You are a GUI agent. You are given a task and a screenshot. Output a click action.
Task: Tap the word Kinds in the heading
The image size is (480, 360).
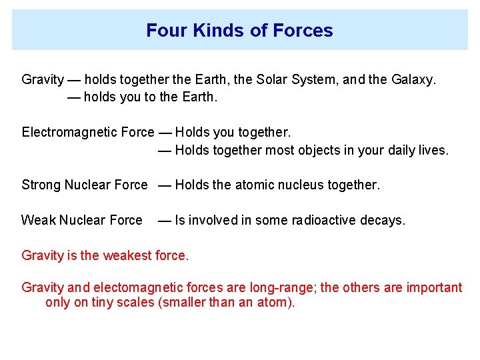point(207,31)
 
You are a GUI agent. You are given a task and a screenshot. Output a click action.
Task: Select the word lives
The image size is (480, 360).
point(434,150)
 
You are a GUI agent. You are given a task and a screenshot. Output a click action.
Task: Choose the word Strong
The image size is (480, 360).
point(41,185)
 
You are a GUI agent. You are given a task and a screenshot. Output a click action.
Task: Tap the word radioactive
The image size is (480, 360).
point(327,220)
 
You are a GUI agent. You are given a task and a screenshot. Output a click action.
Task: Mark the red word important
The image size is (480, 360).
point(434,288)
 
